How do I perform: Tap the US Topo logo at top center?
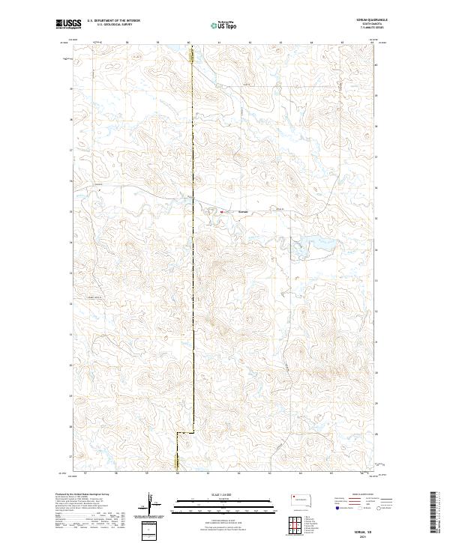(224, 25)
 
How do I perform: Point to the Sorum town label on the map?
(242, 211)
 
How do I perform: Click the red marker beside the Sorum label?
(222, 211)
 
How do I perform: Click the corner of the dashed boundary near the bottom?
(177, 433)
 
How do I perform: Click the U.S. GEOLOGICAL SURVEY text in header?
(109, 25)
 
